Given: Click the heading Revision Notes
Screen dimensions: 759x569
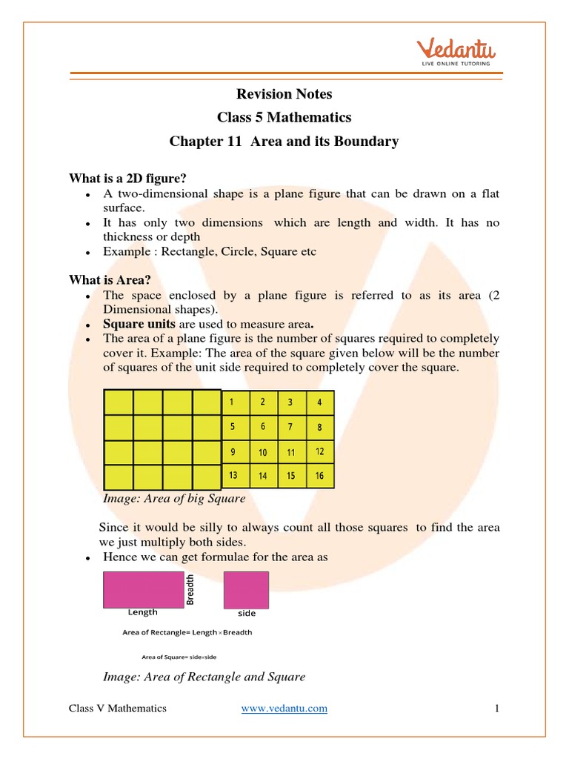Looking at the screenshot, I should click(284, 94).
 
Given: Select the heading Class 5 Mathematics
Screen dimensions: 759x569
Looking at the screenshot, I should click(284, 117).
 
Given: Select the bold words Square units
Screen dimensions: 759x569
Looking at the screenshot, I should click(139, 324).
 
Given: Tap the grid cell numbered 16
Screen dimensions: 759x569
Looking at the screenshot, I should click(319, 476).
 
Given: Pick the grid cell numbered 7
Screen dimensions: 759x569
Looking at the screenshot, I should click(291, 427).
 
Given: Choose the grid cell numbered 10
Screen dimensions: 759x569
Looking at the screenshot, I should click(263, 452).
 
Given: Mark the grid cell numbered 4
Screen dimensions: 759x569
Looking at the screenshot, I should click(319, 403).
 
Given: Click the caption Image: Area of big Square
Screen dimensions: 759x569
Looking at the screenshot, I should click(174, 499).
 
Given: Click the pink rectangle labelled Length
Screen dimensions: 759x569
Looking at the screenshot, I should click(143, 589).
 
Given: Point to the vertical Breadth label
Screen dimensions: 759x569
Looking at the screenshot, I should click(190, 589).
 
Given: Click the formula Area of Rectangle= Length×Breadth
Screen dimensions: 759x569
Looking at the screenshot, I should click(187, 632).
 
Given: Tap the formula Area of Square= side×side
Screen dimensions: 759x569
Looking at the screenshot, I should click(179, 656).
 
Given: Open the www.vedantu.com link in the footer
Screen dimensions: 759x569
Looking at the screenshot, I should click(284, 709).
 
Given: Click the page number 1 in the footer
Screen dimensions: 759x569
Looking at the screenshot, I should click(497, 709).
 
